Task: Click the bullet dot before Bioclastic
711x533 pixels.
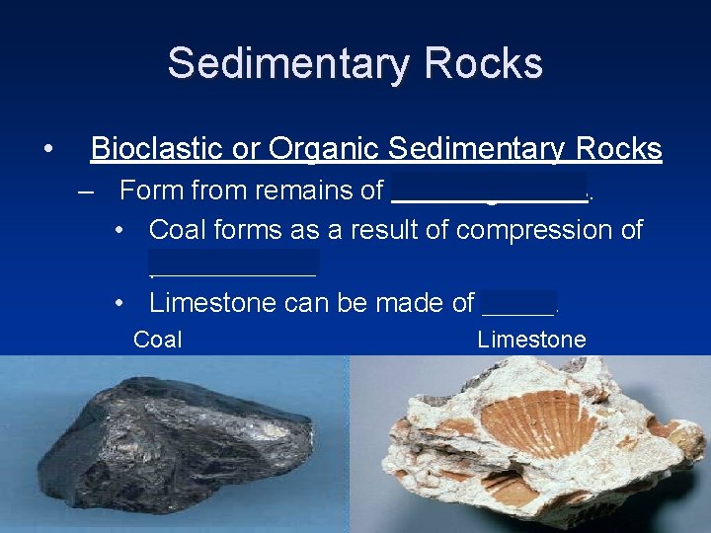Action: pos(47,150)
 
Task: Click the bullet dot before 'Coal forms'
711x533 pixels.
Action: pos(119,231)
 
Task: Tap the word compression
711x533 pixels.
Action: pos(532,231)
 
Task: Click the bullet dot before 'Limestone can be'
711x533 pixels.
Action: pos(119,303)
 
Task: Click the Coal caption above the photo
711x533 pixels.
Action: pos(158,341)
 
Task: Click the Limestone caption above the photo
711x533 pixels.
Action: pos(531,341)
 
